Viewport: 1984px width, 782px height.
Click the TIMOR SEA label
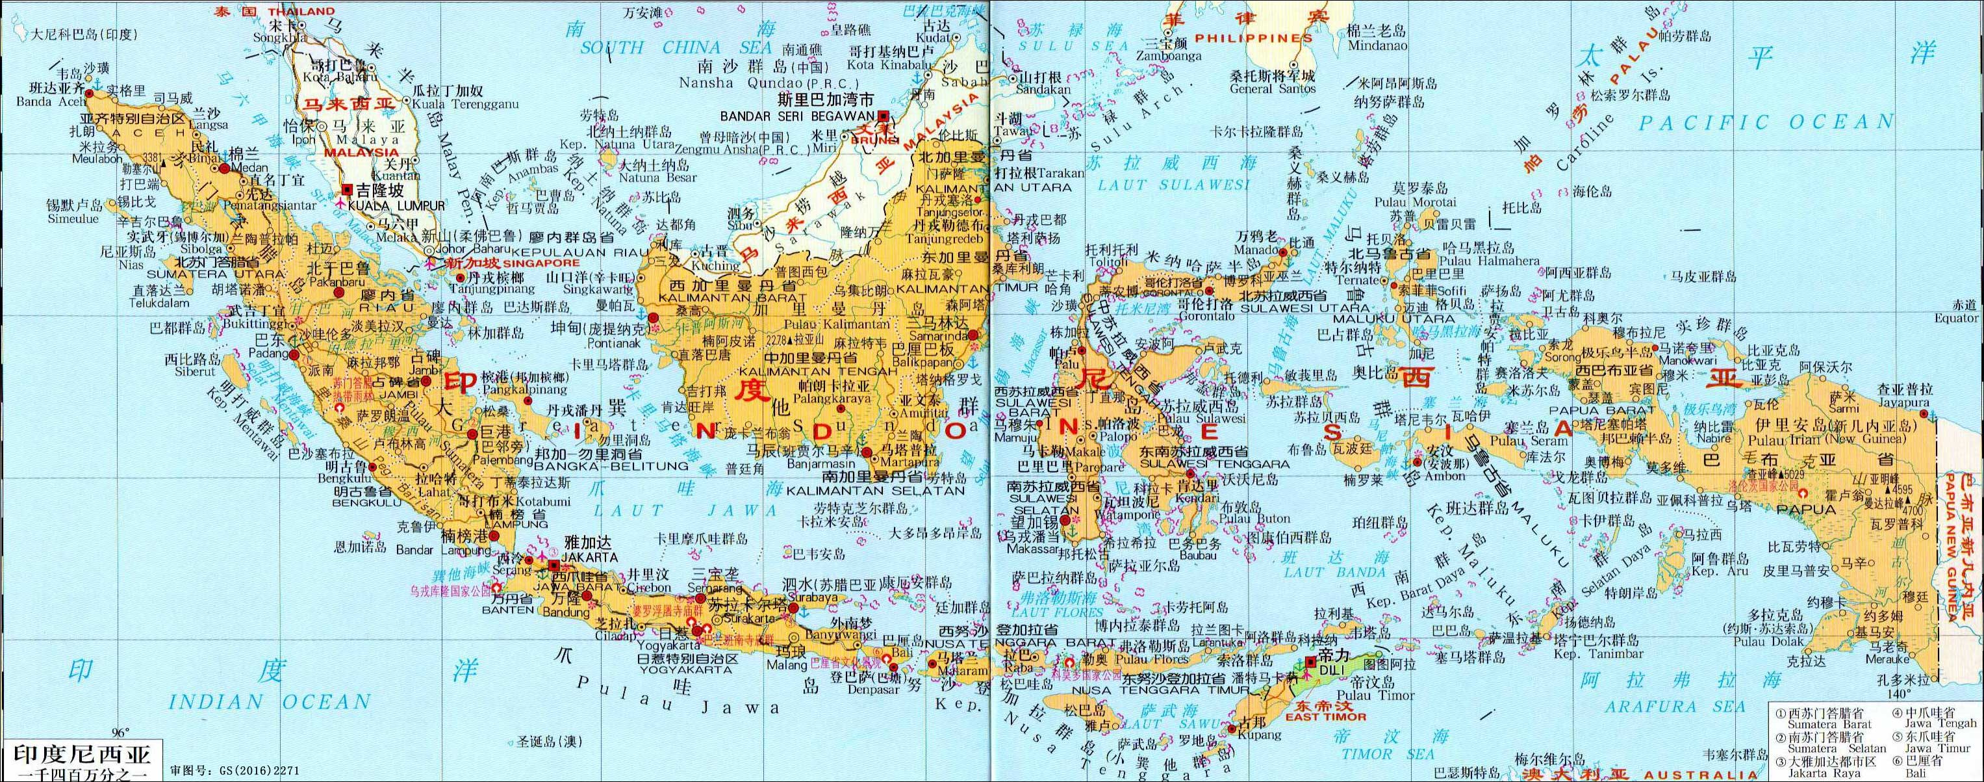click(x=1387, y=754)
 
